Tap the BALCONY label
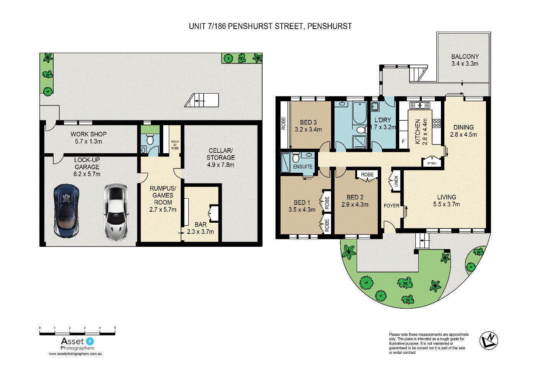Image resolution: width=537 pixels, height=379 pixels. (465, 57)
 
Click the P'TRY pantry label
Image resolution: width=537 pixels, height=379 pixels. (431, 163)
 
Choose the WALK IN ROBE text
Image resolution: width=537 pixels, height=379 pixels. (175, 145)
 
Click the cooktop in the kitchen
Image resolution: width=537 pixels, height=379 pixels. (436, 123)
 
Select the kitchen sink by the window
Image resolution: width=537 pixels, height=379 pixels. (420, 105)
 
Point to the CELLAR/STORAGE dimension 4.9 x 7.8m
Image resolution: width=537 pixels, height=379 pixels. (220, 165)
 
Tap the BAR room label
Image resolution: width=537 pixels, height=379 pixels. (201, 225)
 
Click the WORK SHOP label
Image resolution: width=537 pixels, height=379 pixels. (88, 134)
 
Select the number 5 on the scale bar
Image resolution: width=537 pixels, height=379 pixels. (115, 328)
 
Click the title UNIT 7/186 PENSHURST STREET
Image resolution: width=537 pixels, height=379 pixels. (270, 26)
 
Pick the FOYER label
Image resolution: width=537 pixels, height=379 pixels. (392, 206)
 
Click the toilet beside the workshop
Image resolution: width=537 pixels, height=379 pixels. (150, 140)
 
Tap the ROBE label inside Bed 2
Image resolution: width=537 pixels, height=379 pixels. (367, 175)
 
